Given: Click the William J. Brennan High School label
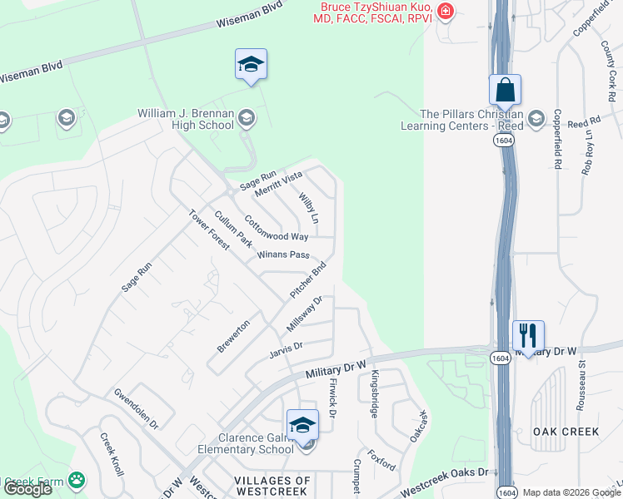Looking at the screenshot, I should tap(185, 119).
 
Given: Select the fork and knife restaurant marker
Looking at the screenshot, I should tap(527, 334).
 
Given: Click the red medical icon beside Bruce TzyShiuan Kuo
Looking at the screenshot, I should tap(446, 11).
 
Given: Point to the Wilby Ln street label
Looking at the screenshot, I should tap(308, 208).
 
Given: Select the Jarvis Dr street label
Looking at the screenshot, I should tap(286, 347).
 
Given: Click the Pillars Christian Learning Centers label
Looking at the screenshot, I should tap(472, 120).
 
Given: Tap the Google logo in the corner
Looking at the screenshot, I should tap(27, 489).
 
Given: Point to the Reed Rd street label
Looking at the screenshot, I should tap(578, 123).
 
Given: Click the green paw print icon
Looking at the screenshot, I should tap(77, 480).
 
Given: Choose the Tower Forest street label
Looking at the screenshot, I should tap(209, 230).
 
